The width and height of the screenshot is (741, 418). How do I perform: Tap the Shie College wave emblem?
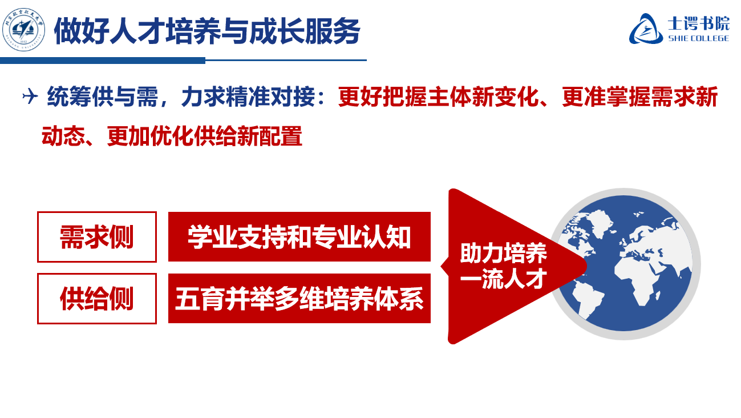pos(646,29)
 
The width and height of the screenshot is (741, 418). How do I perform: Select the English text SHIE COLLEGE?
pos(698,38)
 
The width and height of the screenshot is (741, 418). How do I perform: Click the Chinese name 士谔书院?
pos(698,23)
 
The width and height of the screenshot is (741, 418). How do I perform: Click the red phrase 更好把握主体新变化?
pos(439,98)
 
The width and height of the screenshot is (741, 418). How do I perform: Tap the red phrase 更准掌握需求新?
pos(639,98)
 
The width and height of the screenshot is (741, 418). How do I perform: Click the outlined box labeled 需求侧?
pos(97,237)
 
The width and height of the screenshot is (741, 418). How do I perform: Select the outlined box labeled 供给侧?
pos(97,299)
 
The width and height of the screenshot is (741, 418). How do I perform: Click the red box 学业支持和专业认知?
pos(299,237)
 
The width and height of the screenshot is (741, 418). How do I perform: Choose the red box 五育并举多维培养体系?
pos(299,299)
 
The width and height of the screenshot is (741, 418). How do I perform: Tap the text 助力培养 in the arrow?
pos(503,254)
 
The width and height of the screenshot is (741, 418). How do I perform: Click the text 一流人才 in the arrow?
pos(503,279)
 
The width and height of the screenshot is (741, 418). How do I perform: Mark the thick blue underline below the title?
pos(103,60)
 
